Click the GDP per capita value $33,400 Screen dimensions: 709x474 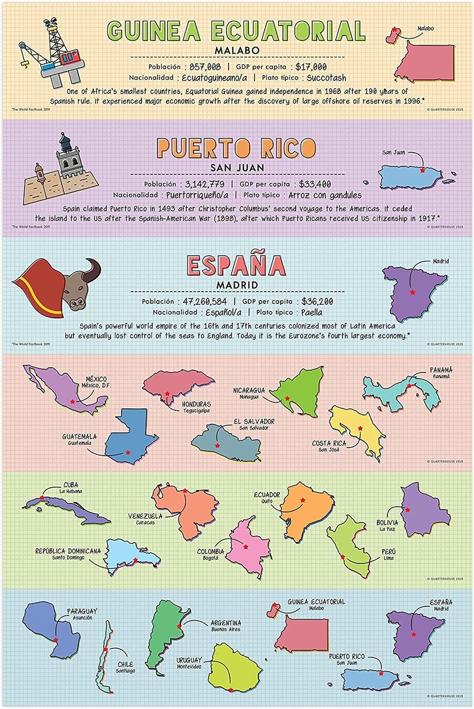click(315, 184)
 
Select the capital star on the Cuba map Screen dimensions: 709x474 click(42, 497)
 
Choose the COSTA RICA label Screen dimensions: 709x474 click(329, 443)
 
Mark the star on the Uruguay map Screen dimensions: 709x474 click(230, 690)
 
